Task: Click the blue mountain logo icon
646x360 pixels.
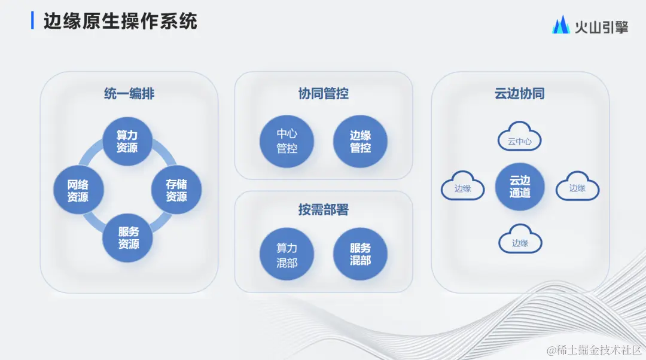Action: pyautogui.click(x=560, y=25)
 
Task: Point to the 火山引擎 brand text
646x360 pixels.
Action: pyautogui.click(x=601, y=26)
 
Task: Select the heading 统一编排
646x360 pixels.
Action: pyautogui.click(x=129, y=94)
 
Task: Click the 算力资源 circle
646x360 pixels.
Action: pyautogui.click(x=127, y=141)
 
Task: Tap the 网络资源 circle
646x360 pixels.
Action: pyautogui.click(x=78, y=190)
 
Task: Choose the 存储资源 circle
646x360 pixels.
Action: pyautogui.click(x=176, y=190)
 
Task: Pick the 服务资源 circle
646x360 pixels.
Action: pyautogui.click(x=127, y=238)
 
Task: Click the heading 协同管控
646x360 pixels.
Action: pyautogui.click(x=323, y=94)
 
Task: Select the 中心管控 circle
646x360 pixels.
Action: pyautogui.click(x=287, y=142)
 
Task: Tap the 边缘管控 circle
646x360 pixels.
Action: pyautogui.click(x=360, y=142)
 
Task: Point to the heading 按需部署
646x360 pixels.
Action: pyautogui.click(x=323, y=210)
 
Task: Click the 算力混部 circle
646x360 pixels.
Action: pyautogui.click(x=287, y=254)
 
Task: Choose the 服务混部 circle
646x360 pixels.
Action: pyautogui.click(x=360, y=254)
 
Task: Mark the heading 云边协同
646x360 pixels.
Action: pyautogui.click(x=519, y=94)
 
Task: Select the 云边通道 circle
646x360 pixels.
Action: pyautogui.click(x=519, y=186)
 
